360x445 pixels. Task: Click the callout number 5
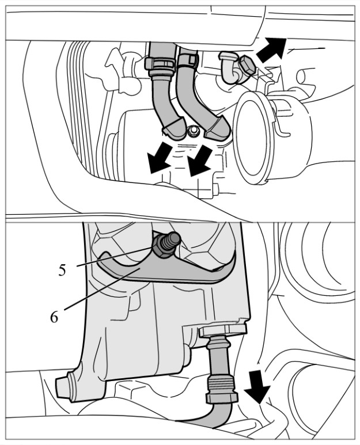click(x=62, y=270)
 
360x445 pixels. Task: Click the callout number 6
click(x=54, y=317)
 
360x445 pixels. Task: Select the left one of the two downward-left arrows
click(x=160, y=158)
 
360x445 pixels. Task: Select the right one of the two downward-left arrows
click(x=200, y=161)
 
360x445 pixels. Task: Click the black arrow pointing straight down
click(x=257, y=386)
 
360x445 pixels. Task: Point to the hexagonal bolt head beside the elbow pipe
click(x=246, y=66)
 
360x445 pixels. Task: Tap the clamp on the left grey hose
click(x=160, y=64)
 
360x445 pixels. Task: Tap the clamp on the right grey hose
click(x=187, y=60)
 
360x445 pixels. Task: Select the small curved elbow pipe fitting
click(x=230, y=69)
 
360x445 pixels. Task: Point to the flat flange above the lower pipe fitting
click(x=223, y=331)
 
